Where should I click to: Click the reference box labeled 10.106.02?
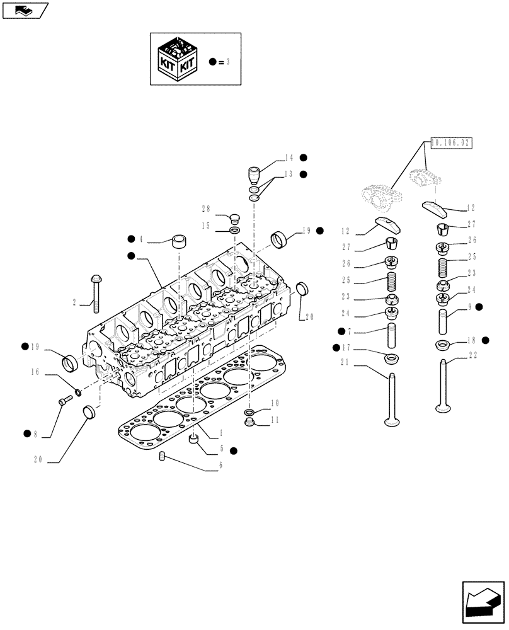[451, 144]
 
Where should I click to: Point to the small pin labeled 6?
[162, 455]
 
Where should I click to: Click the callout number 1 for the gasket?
[220, 434]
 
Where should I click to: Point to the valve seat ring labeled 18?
[443, 345]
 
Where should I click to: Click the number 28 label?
[205, 210]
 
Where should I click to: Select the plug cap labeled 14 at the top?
[254, 173]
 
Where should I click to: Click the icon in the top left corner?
[25, 9]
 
